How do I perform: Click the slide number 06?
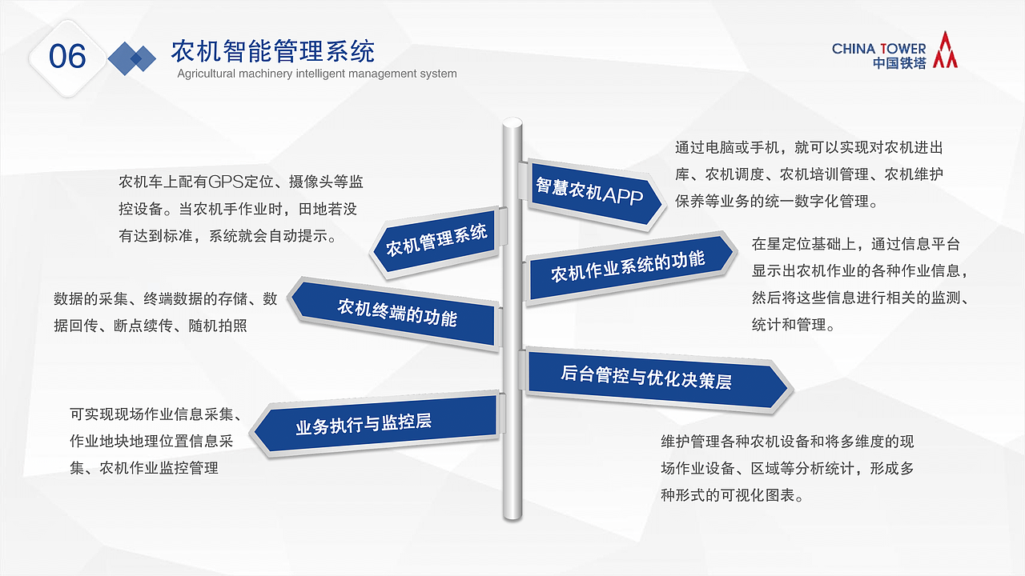pos(67,57)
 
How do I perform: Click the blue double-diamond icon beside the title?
pos(132,58)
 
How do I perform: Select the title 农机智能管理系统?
pos(273,52)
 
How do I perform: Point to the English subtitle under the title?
pos(316,74)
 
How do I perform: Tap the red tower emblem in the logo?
pos(946,50)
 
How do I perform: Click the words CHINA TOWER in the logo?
pos(878,49)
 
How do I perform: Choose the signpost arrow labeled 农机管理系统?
pos(436,241)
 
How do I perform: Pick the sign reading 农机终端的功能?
pos(397,312)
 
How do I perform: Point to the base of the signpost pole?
pos(512,512)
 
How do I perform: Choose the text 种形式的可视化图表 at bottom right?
pos(731,496)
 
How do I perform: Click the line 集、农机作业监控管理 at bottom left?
pos(144,468)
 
